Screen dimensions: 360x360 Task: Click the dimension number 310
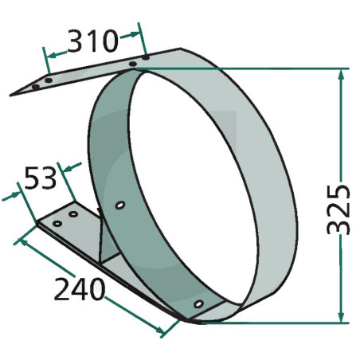click(92, 41)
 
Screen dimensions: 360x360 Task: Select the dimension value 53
click(41, 178)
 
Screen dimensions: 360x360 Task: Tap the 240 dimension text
click(80, 289)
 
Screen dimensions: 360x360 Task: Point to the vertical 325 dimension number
click(338, 209)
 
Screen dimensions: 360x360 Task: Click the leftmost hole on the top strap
click(36, 87)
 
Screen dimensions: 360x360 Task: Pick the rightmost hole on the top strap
click(146, 57)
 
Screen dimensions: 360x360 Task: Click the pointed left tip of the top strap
click(10, 96)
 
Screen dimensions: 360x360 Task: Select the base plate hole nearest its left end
click(57, 224)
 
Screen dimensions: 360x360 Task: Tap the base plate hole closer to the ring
click(73, 213)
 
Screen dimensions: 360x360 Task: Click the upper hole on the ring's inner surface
click(120, 205)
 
